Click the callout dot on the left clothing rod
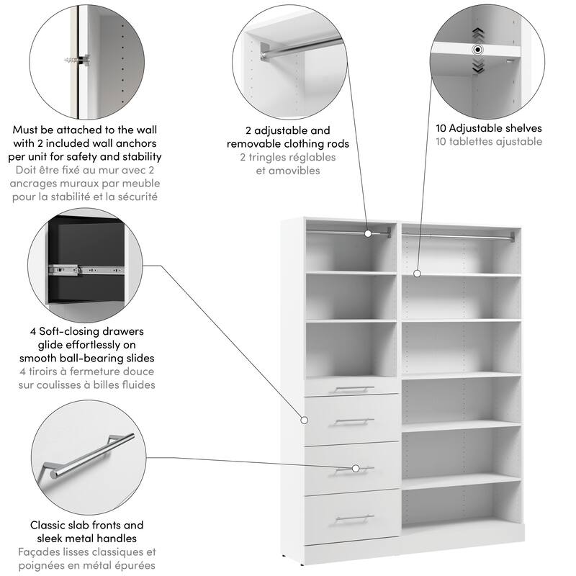368,233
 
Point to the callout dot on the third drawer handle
356,469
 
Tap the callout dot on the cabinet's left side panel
302,419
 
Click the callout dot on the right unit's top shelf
417,273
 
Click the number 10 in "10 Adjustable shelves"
442,129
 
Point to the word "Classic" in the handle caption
49,525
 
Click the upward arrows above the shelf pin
477,34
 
